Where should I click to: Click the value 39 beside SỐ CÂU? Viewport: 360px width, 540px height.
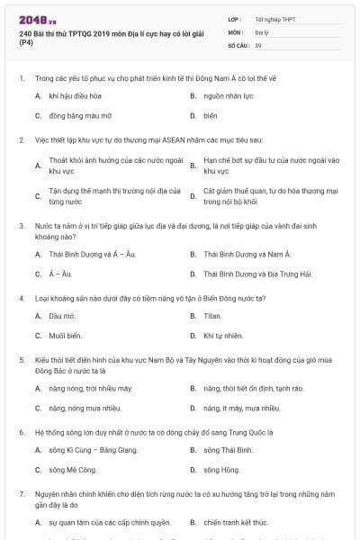258,44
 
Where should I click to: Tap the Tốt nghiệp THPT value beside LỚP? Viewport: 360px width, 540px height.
274,18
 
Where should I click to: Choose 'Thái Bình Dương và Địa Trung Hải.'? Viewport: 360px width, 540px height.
256,274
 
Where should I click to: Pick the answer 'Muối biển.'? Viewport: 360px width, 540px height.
66,336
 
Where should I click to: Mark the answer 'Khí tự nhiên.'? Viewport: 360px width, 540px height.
223,336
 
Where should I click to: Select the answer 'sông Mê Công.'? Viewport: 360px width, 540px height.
72,470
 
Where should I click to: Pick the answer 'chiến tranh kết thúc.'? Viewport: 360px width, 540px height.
236,522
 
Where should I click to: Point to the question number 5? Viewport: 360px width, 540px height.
21,359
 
